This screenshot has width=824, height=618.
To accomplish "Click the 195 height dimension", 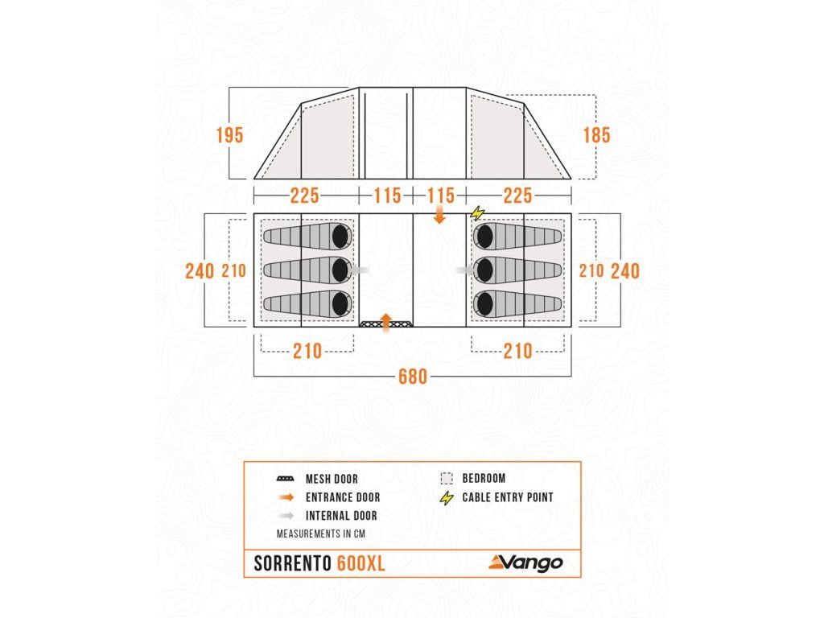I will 229,135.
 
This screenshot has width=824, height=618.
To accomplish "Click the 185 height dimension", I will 596,135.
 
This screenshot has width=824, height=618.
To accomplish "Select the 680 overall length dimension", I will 412,377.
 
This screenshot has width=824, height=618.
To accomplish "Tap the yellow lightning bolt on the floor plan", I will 478,213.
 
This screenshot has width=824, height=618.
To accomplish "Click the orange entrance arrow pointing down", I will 439,215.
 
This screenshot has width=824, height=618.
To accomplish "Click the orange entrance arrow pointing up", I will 386,322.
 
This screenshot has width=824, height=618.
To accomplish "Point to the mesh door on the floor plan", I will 374,324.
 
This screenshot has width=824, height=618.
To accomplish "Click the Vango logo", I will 526,562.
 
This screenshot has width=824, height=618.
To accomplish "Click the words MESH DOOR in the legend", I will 332,479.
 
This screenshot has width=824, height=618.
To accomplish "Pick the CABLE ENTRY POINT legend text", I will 507,497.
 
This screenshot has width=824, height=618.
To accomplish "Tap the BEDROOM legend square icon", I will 447,478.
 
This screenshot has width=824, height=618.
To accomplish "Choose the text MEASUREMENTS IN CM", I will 316,534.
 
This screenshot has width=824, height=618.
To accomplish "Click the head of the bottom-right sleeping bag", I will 484,303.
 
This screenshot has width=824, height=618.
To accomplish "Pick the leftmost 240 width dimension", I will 199,270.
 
